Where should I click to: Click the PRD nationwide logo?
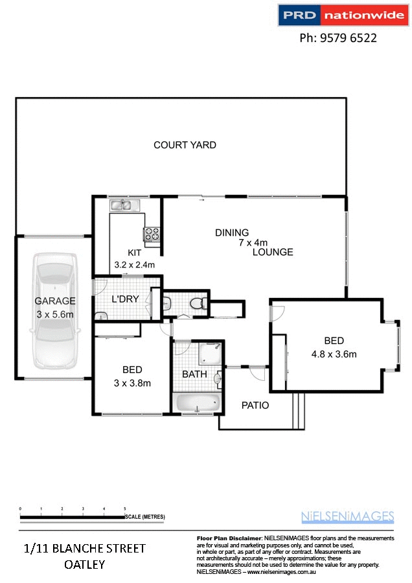341,16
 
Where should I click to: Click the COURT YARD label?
185,145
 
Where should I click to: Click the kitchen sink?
121,206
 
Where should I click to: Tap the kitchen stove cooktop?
152,234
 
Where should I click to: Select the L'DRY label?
122,300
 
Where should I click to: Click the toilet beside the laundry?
197,303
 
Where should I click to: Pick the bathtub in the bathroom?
198,402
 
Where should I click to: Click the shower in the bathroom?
211,354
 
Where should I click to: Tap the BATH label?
194,374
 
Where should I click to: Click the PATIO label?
255,406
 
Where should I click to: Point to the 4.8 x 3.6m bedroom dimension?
335,354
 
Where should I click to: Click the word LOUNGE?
273,252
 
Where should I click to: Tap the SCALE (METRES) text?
146,516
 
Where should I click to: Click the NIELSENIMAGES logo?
347,516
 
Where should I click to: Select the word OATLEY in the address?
85,564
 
